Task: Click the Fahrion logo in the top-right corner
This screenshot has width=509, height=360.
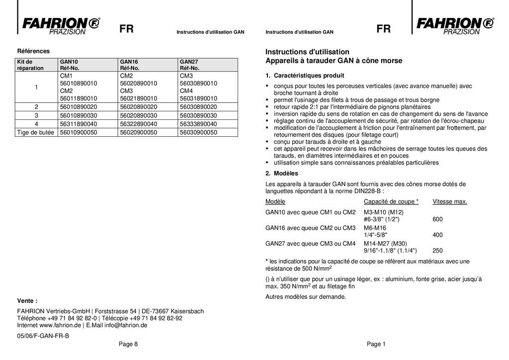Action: point(454,25)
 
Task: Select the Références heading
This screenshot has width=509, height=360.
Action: point(33,51)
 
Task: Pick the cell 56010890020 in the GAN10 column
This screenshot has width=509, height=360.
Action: point(79,107)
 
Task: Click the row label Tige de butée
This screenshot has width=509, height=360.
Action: point(36,133)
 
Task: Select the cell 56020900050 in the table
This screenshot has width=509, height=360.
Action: point(139,133)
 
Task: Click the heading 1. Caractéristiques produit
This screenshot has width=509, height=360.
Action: point(305,76)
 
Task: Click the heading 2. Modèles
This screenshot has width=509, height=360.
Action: point(282,174)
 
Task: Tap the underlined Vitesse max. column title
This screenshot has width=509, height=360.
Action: point(449,201)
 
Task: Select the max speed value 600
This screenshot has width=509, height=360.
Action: point(437,219)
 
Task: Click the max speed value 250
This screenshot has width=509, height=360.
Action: point(437,251)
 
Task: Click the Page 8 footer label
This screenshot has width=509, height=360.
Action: point(128,344)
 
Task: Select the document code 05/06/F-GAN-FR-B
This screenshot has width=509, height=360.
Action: point(43,336)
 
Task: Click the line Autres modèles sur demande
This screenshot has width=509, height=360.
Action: point(305,297)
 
